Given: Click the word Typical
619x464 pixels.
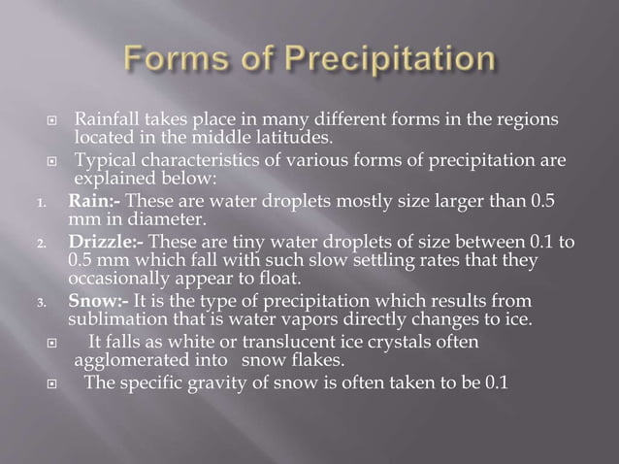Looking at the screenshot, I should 109,160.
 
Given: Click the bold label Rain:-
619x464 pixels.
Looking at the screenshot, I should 94,201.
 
